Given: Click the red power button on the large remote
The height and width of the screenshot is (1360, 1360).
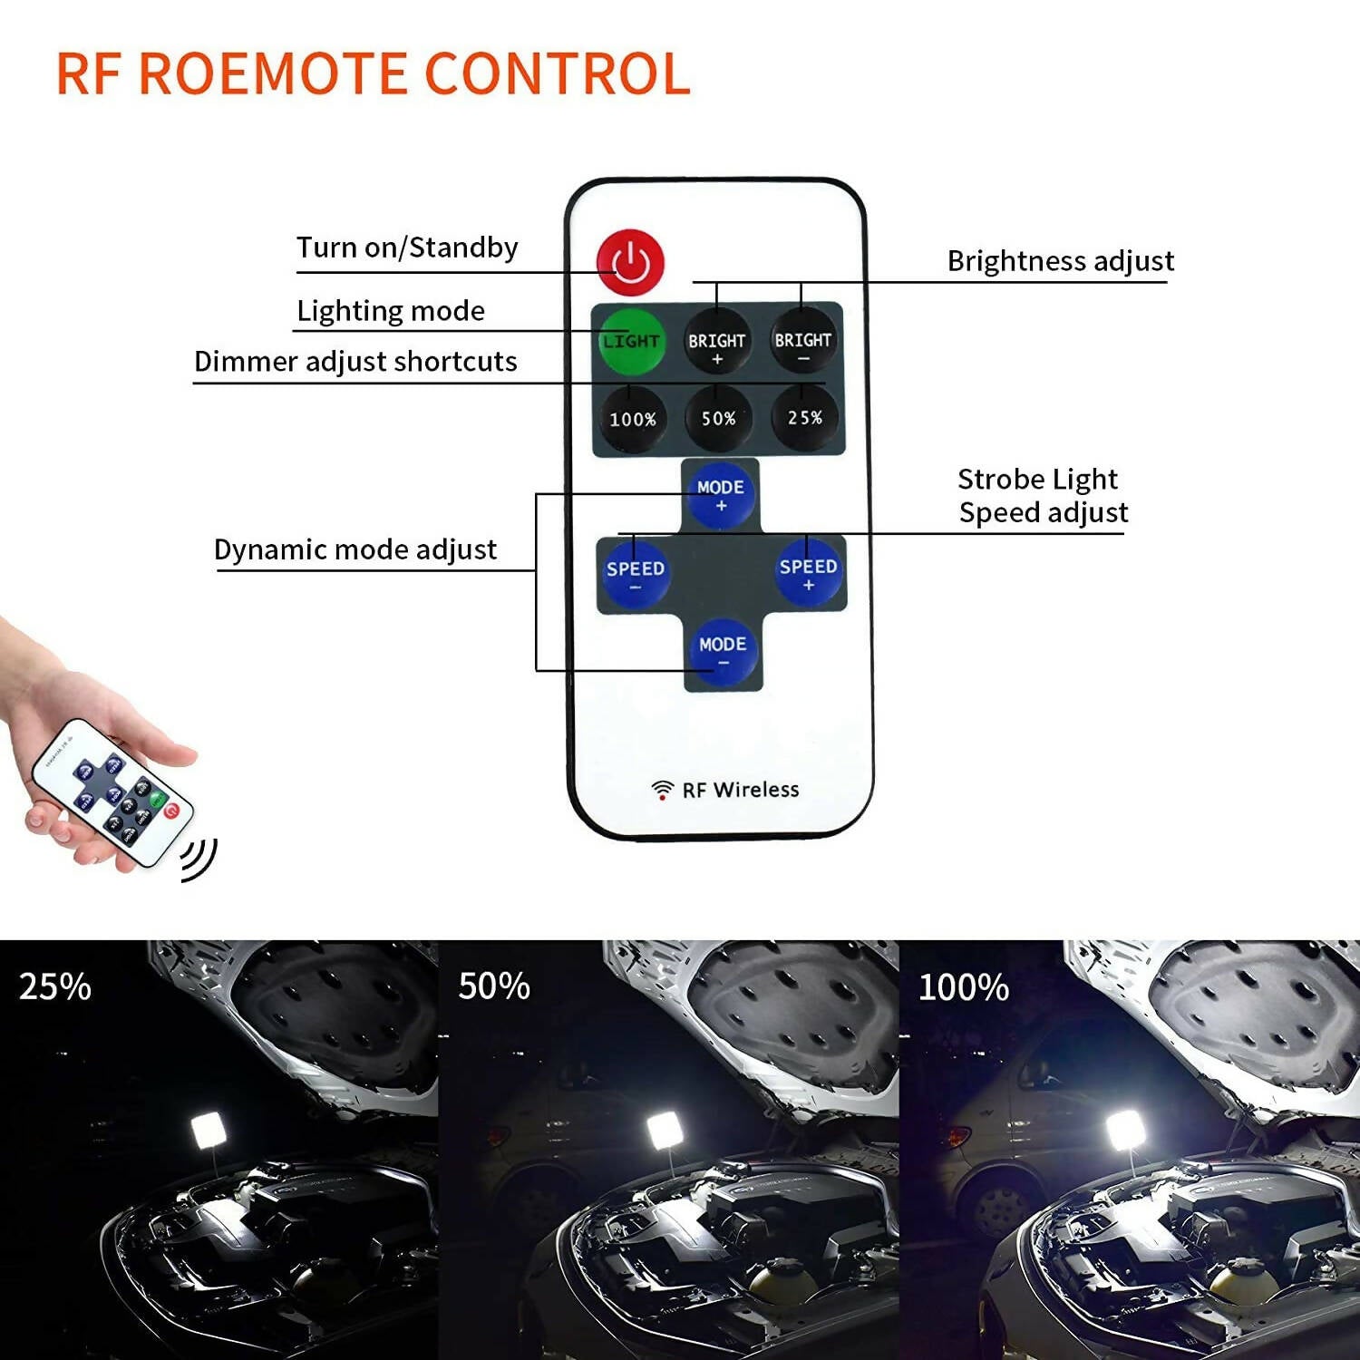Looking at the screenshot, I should [x=631, y=262].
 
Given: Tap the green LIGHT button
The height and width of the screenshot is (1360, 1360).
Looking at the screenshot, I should [x=630, y=341].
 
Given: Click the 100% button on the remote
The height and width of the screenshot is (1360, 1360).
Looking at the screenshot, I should [x=632, y=419].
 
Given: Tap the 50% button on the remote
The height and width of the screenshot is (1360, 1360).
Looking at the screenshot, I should [x=718, y=418].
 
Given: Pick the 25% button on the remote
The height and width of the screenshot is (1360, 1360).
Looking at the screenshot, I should [x=804, y=417].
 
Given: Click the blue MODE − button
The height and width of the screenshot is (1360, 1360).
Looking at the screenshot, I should [x=723, y=650].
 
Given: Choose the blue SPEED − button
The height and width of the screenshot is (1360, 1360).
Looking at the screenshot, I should [x=635, y=574].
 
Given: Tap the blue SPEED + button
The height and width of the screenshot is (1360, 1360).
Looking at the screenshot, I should [x=808, y=572].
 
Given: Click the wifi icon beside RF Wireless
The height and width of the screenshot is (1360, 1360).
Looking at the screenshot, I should [x=663, y=790].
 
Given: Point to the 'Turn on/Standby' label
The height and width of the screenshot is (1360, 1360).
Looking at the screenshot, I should [x=407, y=248].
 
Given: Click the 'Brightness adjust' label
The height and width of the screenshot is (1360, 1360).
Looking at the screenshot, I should [x=1060, y=261].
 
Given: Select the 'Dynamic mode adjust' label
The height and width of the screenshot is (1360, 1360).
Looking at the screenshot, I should [x=355, y=549].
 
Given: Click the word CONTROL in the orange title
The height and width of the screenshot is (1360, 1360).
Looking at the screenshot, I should [x=558, y=73].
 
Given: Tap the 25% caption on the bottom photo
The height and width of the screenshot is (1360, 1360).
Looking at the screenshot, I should [x=55, y=986].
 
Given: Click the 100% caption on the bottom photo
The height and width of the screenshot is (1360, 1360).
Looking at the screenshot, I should [x=964, y=987].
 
